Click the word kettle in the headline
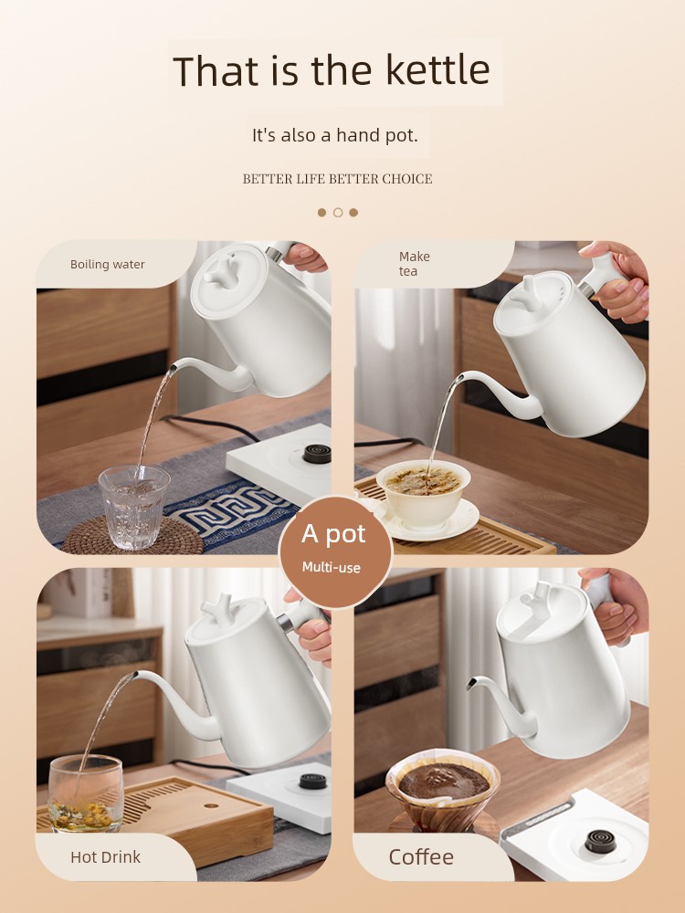tap(437, 70)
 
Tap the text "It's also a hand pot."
tap(335, 135)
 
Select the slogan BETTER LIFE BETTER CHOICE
tap(337, 179)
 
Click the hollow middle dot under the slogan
tap(338, 213)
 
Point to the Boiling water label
tap(107, 265)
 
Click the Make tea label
tap(414, 264)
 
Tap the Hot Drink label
tap(105, 857)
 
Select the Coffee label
tap(420, 857)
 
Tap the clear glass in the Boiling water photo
tap(134, 507)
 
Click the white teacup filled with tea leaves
tap(424, 493)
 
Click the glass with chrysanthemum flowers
tap(86, 793)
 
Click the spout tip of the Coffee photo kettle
tap(470, 684)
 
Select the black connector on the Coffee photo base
tap(601, 842)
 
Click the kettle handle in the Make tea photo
tap(601, 276)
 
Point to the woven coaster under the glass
tap(132, 536)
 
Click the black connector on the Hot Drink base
tap(312, 781)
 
